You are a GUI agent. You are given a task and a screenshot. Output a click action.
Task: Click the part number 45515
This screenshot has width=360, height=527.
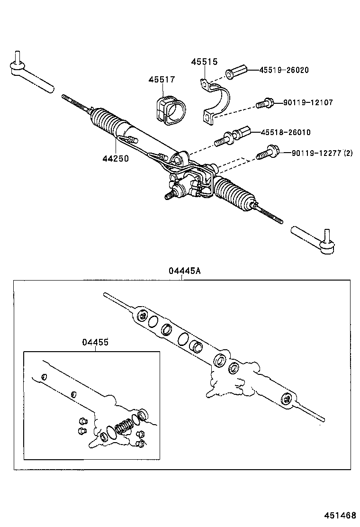[x=204, y=62]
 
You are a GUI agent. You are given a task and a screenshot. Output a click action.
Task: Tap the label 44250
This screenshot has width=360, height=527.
[x=115, y=159]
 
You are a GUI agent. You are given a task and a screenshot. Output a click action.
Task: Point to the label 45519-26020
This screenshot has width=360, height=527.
[x=284, y=70]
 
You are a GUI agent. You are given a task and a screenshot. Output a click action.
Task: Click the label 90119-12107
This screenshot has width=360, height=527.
[x=308, y=102]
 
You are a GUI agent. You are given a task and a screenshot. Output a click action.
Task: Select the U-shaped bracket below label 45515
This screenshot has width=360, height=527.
[x=216, y=104]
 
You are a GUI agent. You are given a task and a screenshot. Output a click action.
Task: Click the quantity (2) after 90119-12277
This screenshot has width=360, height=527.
[x=349, y=153]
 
